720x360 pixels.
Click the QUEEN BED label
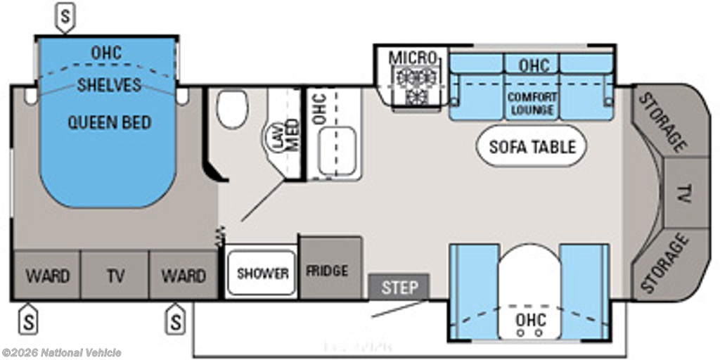(109, 123)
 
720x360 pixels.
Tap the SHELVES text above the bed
(109, 85)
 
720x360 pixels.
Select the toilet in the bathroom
(232, 109)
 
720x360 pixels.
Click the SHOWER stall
(262, 273)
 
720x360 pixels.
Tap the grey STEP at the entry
(399, 287)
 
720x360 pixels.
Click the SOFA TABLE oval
(532, 147)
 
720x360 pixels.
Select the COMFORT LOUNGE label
(532, 103)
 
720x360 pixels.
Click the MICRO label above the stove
(413, 57)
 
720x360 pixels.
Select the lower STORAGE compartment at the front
(662, 264)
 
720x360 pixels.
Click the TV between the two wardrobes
(115, 275)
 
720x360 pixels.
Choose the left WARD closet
(48, 275)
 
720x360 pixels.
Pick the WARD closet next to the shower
(183, 275)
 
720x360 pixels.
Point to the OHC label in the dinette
(531, 320)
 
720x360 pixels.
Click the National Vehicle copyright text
(61, 353)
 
